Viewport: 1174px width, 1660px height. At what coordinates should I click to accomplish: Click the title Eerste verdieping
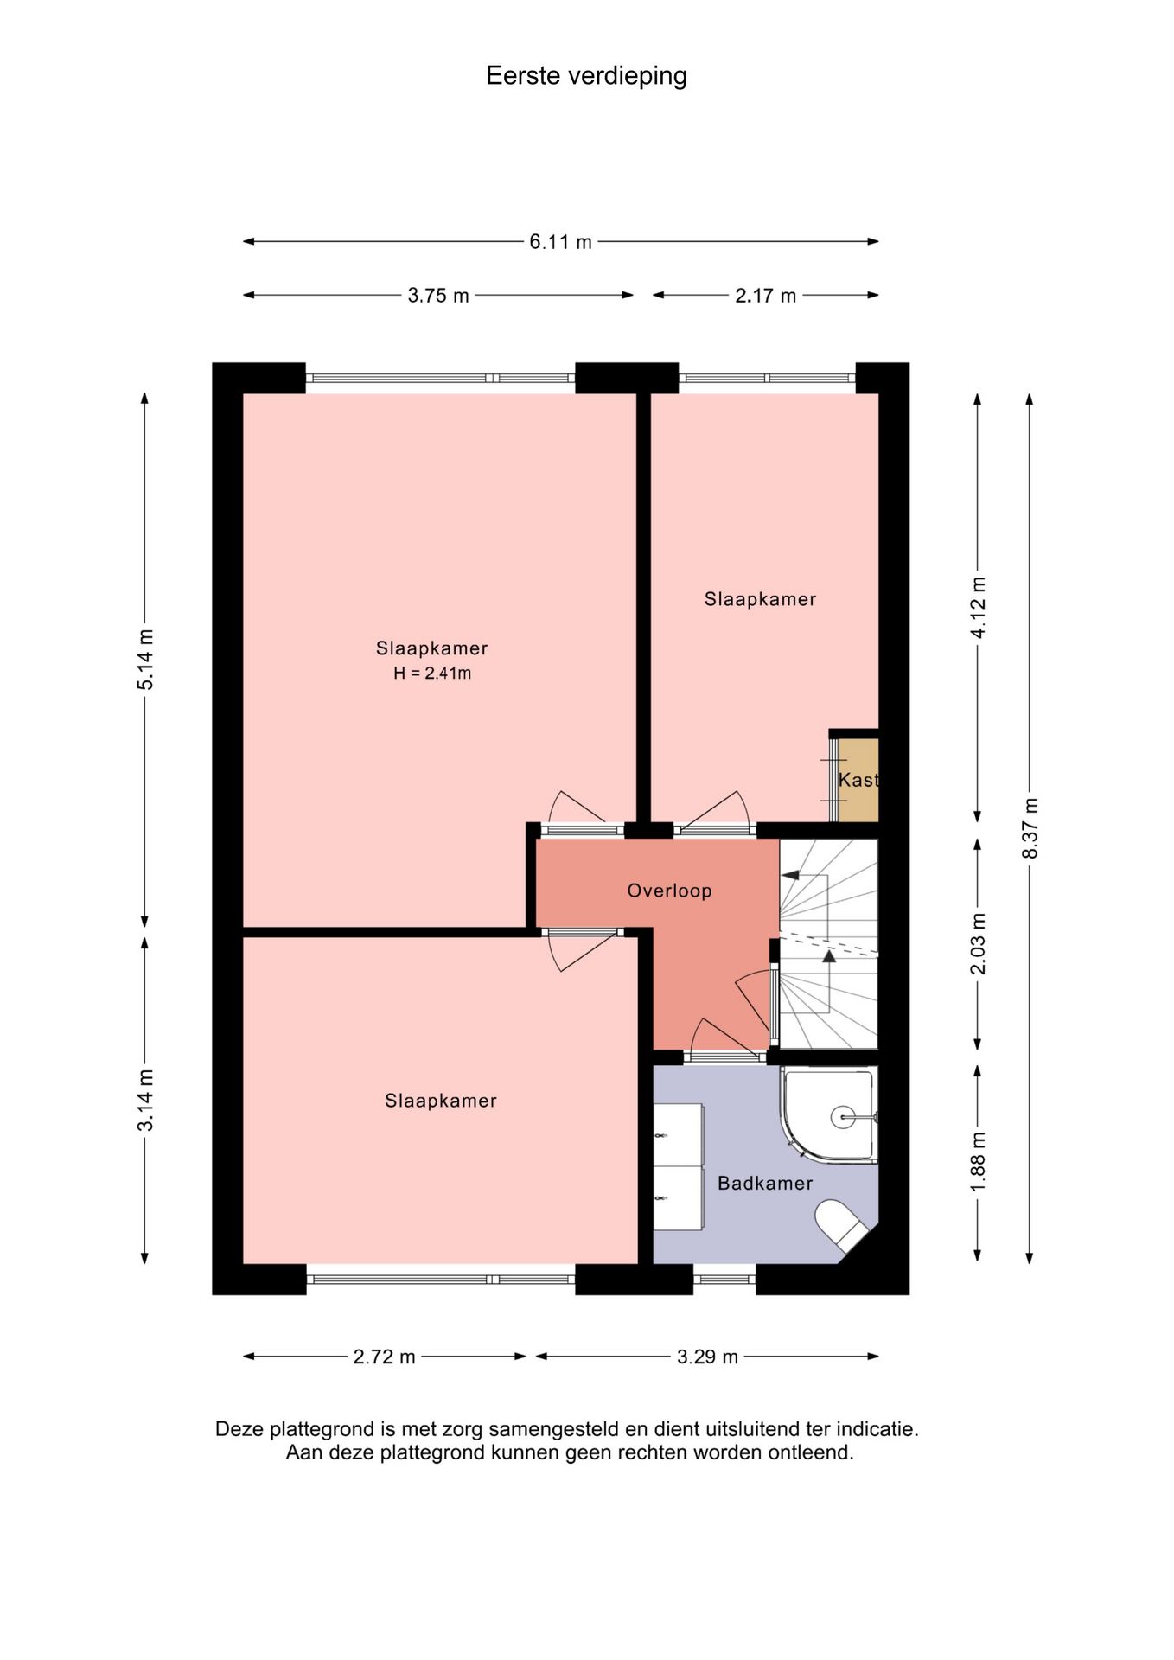tap(586, 76)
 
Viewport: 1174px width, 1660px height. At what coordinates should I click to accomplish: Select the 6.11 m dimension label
tap(560, 242)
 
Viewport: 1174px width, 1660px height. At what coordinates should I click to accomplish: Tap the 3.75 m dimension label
tap(437, 296)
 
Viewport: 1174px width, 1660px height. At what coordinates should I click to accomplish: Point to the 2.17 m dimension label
tap(765, 296)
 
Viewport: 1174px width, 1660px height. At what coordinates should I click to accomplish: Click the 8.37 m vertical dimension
tap(1030, 828)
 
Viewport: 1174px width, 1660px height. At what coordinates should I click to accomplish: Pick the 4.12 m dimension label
tap(978, 608)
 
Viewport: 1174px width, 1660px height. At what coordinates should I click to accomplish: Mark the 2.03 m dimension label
tap(978, 943)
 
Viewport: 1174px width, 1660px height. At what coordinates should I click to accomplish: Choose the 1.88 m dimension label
tap(978, 1162)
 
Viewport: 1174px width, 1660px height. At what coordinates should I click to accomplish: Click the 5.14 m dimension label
tap(145, 660)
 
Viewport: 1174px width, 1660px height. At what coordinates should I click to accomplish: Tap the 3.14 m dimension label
tap(145, 1100)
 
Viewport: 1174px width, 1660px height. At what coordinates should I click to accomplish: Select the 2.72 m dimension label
tap(384, 1357)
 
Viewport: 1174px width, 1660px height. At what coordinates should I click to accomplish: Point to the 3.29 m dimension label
tap(707, 1357)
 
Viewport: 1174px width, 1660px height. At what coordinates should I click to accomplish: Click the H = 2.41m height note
tap(432, 674)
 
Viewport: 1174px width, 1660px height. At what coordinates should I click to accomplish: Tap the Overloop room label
tap(669, 891)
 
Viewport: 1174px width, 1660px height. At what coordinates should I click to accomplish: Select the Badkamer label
tap(765, 1184)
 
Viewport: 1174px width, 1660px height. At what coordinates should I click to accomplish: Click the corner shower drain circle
tap(842, 1117)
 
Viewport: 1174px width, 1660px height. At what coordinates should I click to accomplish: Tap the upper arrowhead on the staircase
tap(789, 876)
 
